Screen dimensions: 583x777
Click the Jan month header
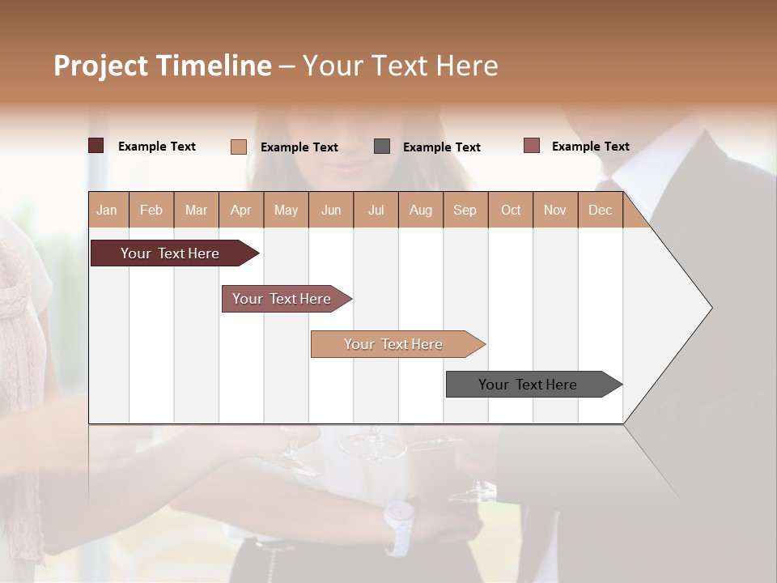point(107,210)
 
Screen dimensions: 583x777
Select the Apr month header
point(240,210)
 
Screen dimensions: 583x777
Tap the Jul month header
point(376,210)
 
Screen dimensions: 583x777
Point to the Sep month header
point(465,210)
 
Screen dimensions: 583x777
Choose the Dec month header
point(600,210)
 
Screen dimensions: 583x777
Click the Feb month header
point(151,210)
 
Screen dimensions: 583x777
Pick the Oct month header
point(510,210)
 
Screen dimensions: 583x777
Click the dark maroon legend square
point(96,146)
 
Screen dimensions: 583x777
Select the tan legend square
point(238,147)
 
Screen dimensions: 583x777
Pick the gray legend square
point(382,147)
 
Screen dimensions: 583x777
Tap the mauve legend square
point(532,146)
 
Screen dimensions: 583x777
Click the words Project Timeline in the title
point(162,66)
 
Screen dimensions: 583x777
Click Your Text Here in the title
point(400,66)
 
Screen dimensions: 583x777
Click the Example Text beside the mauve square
point(590,147)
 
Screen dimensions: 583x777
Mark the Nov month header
point(554,210)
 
